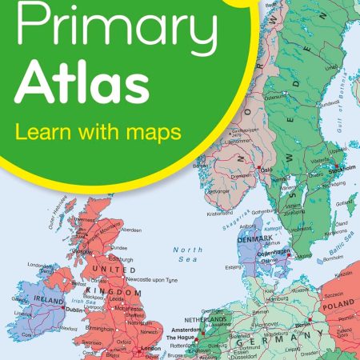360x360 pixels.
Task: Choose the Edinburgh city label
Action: coord(120,259)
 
